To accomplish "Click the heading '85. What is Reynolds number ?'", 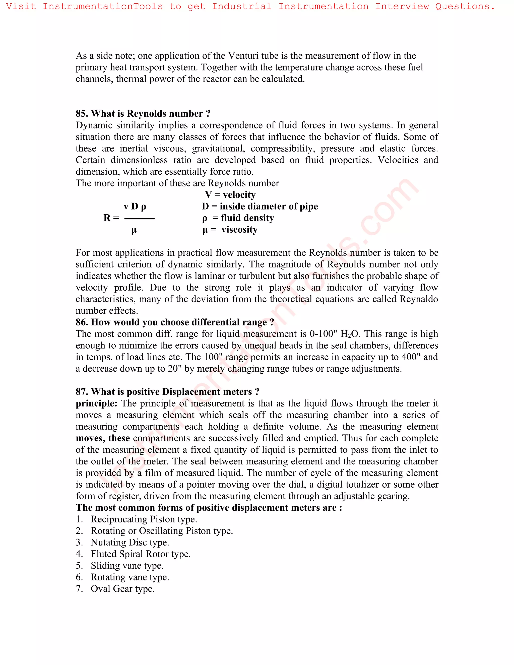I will pos(143,114).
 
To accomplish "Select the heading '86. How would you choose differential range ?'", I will pos(175,322).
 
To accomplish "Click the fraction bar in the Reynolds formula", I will pos(140,219).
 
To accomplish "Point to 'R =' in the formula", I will pos(111,218).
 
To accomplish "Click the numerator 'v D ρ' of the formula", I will pos(135,207).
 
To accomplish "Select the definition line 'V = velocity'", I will pos(230,195).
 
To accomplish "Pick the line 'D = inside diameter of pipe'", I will pos(260,207).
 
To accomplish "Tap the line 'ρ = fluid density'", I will pos(238,218).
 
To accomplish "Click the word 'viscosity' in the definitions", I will pos(239,230).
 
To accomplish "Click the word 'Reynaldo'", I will pos(419,299).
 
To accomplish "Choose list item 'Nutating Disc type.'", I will pos(130,542).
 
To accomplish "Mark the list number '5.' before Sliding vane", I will pos(79,565).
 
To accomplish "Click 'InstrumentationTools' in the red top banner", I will pos(103,6).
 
